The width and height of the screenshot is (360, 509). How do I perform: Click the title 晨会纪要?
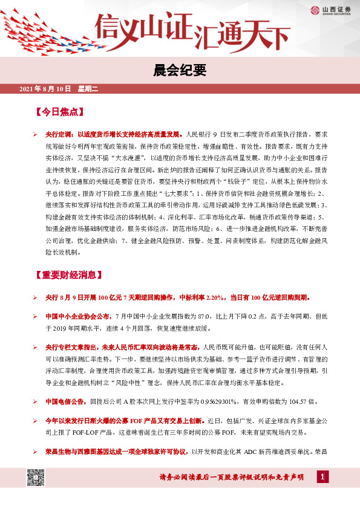point(180,71)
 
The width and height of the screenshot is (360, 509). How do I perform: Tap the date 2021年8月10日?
point(45,89)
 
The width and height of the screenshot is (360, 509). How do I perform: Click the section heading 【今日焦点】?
point(59,112)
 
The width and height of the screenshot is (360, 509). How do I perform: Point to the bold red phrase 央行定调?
point(59,133)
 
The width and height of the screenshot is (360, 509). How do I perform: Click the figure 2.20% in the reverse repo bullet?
point(215,298)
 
